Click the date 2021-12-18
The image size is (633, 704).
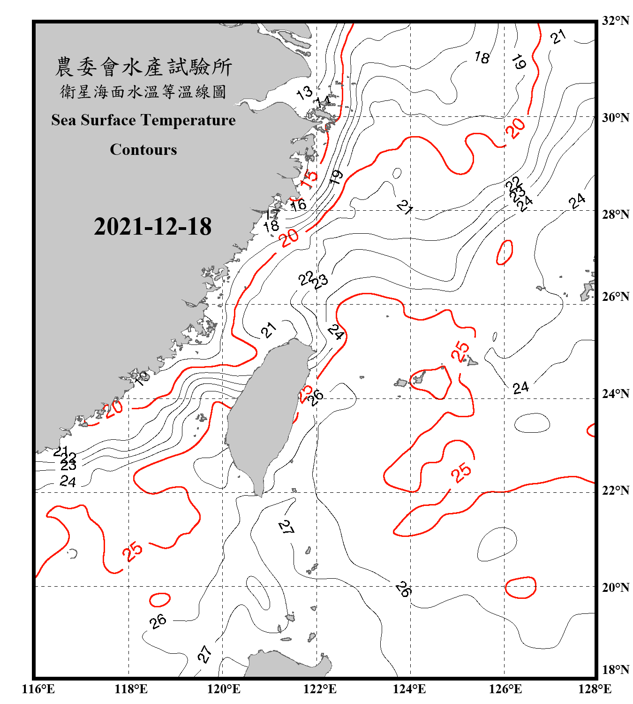click(x=152, y=226)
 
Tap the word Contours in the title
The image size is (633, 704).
click(x=143, y=150)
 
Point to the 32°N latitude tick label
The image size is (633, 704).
click(x=616, y=21)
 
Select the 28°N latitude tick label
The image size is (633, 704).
click(x=616, y=214)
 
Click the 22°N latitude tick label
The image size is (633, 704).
click(x=616, y=490)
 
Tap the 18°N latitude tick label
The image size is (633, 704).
click(x=616, y=670)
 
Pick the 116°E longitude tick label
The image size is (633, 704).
click(x=38, y=689)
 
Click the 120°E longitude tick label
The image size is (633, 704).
click(x=224, y=689)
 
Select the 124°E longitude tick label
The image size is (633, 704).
click(x=409, y=689)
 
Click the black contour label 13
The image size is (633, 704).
click(x=304, y=92)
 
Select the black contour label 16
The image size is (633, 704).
click(x=298, y=205)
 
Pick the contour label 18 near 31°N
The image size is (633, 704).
click(x=482, y=58)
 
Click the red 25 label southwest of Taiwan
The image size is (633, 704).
click(x=132, y=551)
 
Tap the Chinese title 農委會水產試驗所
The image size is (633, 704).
click(x=143, y=67)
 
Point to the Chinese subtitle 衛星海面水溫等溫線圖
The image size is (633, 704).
click(x=143, y=92)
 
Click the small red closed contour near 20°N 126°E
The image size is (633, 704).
click(x=520, y=588)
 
